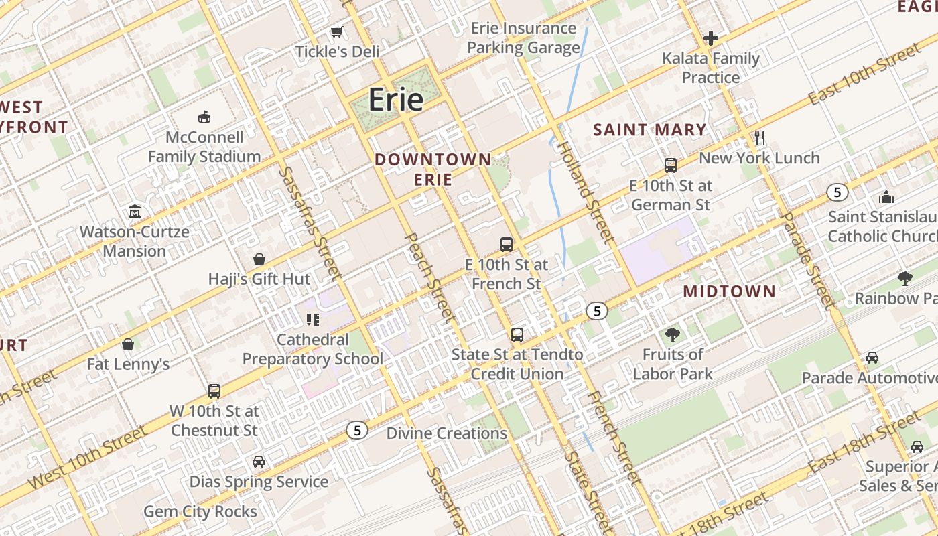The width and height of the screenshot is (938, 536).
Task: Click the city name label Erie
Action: coord(396,100)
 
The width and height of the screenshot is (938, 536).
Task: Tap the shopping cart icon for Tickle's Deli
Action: coord(337,31)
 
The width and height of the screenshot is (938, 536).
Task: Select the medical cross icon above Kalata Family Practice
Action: coord(711,38)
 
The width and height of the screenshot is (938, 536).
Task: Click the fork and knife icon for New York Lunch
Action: coord(760,138)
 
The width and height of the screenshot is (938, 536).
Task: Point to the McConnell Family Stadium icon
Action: coord(204,117)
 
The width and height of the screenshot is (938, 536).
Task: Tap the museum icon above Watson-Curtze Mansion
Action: coord(135,212)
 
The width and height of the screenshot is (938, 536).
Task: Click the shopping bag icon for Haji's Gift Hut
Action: coord(259,259)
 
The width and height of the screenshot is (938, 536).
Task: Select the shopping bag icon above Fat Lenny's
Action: coord(128,344)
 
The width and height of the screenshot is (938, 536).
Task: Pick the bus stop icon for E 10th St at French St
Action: coord(507,245)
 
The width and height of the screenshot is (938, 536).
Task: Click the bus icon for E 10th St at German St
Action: coord(671,165)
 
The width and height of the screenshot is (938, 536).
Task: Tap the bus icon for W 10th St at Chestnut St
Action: coord(214,391)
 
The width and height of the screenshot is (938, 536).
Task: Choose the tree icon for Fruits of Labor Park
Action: coord(673,334)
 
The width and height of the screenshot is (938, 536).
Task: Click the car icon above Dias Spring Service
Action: coord(259,462)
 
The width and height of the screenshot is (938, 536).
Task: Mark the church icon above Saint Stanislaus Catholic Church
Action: coord(886,197)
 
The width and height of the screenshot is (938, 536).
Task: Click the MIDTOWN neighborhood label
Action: coord(729,291)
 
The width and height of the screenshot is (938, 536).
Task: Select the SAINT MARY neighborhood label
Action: coord(650,130)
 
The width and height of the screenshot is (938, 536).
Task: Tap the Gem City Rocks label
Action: coord(200,512)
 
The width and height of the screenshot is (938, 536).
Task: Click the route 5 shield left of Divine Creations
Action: coord(358,430)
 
